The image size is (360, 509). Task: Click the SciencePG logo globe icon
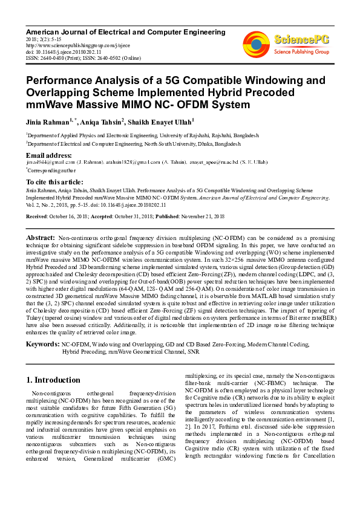coord(256,43)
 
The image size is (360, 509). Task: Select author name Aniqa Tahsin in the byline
coord(105,122)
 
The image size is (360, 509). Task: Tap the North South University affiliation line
coord(133,144)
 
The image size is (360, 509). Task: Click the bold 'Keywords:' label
coord(42,343)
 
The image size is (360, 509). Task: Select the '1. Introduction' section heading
coord(53,380)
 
